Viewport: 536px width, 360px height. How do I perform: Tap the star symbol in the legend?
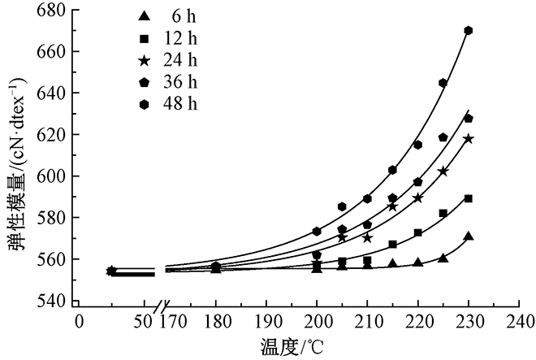click(144, 60)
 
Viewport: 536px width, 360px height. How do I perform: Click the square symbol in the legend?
click(144, 38)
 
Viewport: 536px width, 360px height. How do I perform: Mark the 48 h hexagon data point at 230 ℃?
click(469, 31)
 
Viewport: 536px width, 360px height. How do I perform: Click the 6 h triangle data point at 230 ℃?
click(469, 236)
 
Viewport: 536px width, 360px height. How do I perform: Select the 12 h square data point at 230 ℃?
click(469, 198)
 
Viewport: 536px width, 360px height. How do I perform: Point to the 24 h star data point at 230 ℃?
click(469, 139)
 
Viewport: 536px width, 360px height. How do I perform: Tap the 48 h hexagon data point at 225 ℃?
click(443, 83)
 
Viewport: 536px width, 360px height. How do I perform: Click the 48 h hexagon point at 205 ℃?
click(343, 206)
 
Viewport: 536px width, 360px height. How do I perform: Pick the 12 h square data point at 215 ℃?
click(393, 244)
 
